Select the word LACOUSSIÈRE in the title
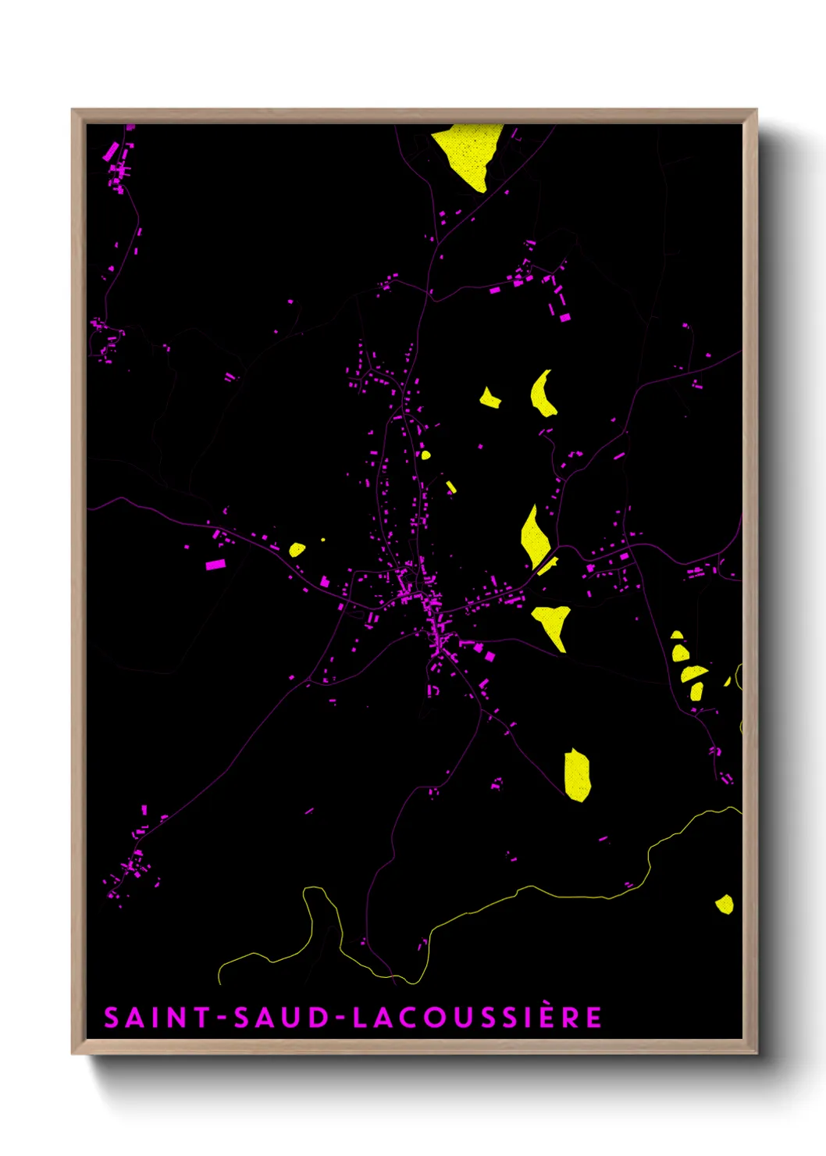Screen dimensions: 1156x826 (x=477, y=1017)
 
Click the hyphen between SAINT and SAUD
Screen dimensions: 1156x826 (x=223, y=1018)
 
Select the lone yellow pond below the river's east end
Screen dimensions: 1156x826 (x=725, y=904)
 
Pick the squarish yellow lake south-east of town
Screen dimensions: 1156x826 (x=577, y=775)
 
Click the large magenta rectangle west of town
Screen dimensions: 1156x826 (x=215, y=564)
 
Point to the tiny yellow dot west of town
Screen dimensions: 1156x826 (x=323, y=540)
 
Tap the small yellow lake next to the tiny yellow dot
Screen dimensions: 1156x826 (x=297, y=549)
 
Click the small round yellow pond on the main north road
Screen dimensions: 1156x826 (x=425, y=454)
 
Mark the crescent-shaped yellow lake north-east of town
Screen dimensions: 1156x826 (x=542, y=394)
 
